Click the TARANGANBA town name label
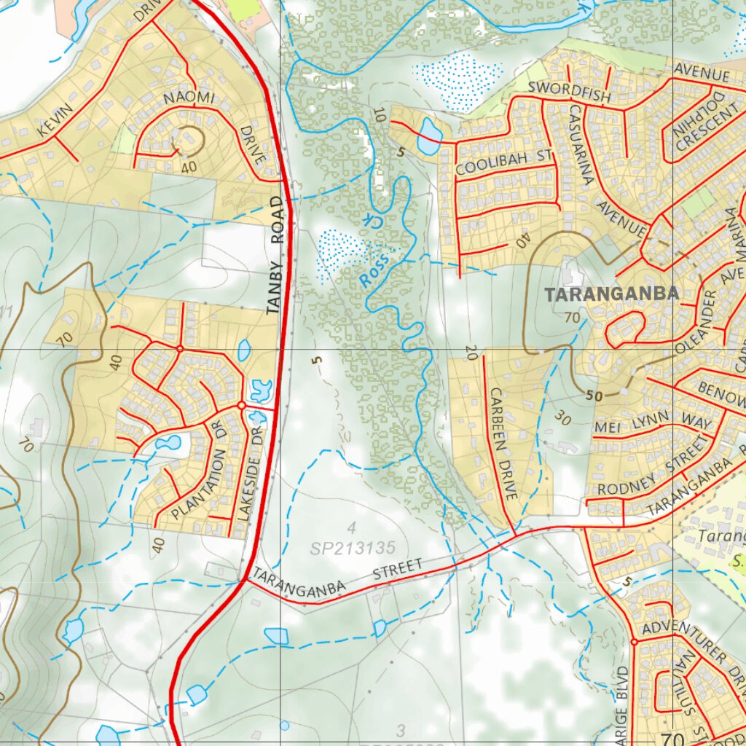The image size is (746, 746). pos(612,294)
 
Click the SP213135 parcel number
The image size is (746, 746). pos(353,547)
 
